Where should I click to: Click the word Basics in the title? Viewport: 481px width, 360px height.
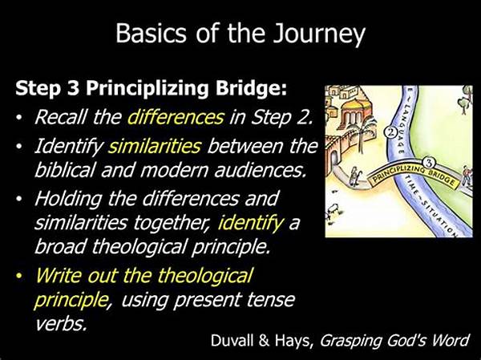pyautogui.click(x=151, y=33)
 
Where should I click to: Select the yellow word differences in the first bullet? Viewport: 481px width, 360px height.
pyautogui.click(x=176, y=117)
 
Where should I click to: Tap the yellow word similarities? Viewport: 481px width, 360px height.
pyautogui.click(x=155, y=146)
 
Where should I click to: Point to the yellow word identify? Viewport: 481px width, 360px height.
pyautogui.click(x=250, y=223)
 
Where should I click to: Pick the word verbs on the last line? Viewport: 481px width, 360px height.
pyautogui.click(x=60, y=323)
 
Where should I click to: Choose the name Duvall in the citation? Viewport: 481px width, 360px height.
pyautogui.click(x=232, y=341)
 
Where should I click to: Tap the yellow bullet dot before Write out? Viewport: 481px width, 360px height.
pyautogui.click(x=19, y=276)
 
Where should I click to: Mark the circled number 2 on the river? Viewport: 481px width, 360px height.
pyautogui.click(x=390, y=132)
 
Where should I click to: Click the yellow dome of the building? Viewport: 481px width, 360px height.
pyautogui.click(x=350, y=107)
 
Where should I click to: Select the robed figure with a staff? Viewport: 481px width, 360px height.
pyautogui.click(x=354, y=176)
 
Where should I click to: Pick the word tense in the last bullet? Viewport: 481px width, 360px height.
pyautogui.click(x=271, y=300)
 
